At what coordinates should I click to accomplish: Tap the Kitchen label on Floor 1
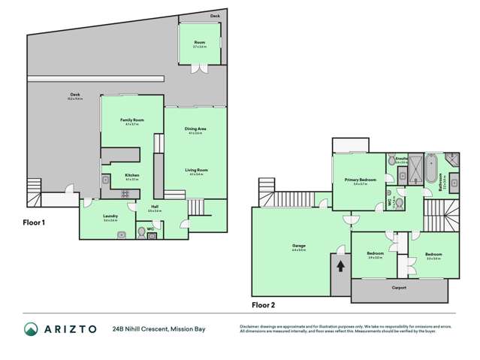point(132,177)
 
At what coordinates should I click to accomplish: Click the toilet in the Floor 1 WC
point(140,234)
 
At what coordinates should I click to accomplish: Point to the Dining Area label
point(195,129)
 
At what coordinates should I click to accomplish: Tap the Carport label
point(399,287)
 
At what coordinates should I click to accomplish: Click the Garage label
point(288,245)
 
